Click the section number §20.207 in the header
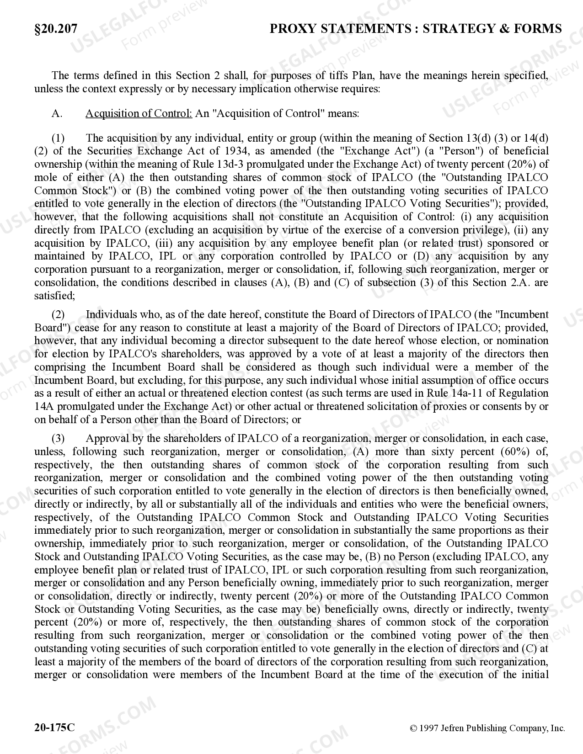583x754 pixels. pyautogui.click(x=56, y=29)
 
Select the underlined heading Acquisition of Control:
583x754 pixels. pyautogui.click(x=139, y=113)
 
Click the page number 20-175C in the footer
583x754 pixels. pyautogui.click(x=54, y=727)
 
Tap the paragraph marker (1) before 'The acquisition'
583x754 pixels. pyautogui.click(x=58, y=138)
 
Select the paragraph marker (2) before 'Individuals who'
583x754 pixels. pyautogui.click(x=58, y=314)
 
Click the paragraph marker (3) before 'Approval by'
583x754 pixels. pyautogui.click(x=58, y=439)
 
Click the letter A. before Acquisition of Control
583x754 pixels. pyautogui.click(x=57, y=113)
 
